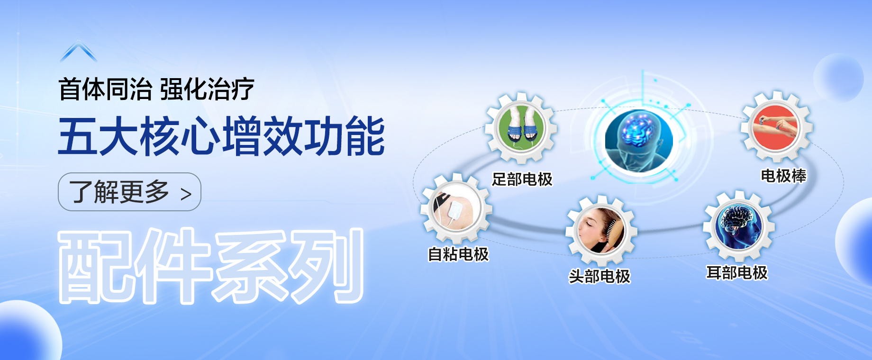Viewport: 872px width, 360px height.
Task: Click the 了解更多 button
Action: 129,192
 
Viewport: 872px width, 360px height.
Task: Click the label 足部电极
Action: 522,180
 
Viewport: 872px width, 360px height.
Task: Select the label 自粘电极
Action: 458,254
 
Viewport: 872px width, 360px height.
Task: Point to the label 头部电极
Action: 599,276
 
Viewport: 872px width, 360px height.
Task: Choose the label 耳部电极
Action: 737,273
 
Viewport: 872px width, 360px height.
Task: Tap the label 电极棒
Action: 783,176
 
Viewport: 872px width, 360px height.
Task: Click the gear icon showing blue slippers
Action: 521,128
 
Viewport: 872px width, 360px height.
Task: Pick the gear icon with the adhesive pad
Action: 456,209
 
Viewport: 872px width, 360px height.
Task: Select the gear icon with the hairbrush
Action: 601,231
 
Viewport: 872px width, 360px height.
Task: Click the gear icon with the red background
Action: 777,127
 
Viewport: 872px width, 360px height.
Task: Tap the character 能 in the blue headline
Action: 364,136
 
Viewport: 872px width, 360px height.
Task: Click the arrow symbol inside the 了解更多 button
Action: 186,194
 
